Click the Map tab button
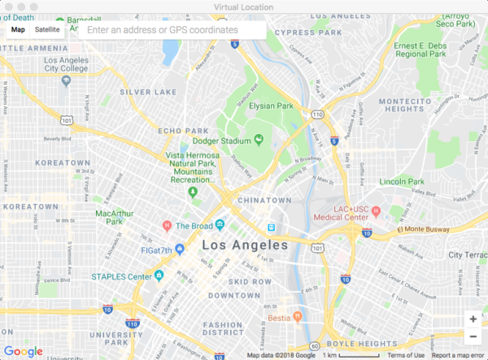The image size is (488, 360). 18,29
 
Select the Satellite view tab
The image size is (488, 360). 47,29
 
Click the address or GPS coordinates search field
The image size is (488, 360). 172,29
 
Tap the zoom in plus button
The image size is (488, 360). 473,319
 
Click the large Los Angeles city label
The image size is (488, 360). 242,245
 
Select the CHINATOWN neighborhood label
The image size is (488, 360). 265,200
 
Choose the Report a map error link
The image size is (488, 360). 460,355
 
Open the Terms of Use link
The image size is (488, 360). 406,355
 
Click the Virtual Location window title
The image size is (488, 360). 243,7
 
